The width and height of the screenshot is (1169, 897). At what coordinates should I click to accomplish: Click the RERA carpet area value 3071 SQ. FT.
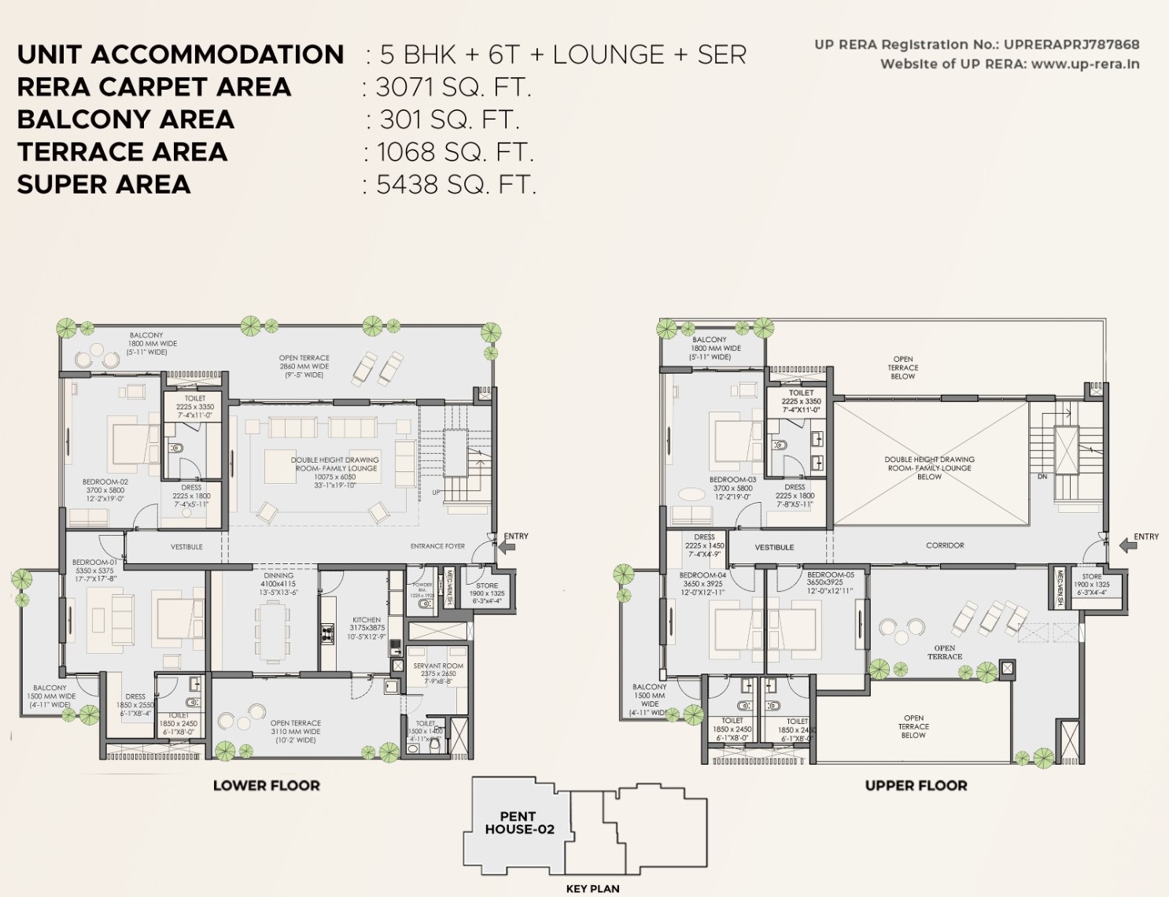click(x=454, y=87)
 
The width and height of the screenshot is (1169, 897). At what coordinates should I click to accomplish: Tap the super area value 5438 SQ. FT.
click(x=456, y=185)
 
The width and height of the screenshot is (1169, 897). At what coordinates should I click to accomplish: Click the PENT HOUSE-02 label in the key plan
click(x=519, y=823)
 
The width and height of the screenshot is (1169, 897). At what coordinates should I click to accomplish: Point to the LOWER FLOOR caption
click(x=267, y=785)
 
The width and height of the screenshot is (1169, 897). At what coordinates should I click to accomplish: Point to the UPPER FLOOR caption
click(x=916, y=785)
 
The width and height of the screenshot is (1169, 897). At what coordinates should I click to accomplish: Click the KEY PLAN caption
click(x=592, y=888)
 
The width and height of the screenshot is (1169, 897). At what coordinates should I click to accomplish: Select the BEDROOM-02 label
click(x=105, y=482)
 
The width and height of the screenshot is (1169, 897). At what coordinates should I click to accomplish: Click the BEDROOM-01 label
click(x=94, y=563)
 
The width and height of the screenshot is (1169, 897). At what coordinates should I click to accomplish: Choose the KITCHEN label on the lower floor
click(x=367, y=620)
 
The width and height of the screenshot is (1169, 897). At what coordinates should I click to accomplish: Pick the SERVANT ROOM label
click(x=438, y=666)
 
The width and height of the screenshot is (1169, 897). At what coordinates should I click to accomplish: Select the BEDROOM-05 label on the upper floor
click(x=830, y=574)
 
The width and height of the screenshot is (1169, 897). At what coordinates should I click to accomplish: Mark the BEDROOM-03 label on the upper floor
click(x=732, y=479)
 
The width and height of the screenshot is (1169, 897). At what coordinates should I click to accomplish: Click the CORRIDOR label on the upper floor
click(x=945, y=545)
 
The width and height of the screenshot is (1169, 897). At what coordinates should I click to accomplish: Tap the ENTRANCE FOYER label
click(x=437, y=546)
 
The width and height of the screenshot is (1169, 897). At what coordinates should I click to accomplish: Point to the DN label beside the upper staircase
click(x=1042, y=477)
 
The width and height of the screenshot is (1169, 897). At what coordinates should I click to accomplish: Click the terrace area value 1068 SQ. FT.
click(x=455, y=152)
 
